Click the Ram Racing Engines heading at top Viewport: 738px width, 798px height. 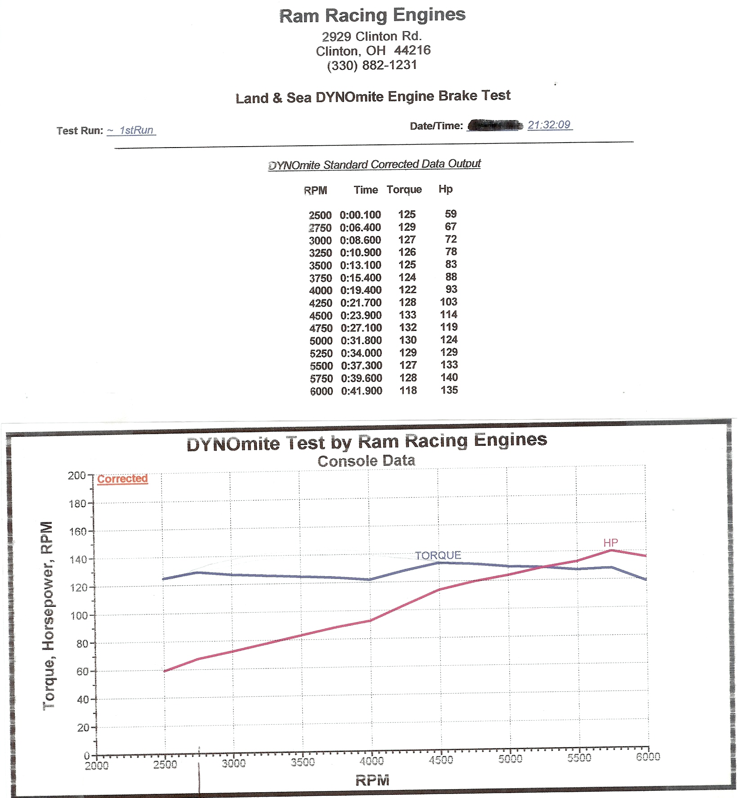(372, 15)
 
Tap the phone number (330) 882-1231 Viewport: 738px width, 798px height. (372, 65)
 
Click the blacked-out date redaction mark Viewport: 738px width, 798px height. (495, 125)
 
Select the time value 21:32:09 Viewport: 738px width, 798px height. (549, 125)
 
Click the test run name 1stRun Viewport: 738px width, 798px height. (136, 130)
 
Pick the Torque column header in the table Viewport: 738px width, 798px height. (404, 189)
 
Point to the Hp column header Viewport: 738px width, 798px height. (445, 189)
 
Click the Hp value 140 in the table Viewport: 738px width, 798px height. (449, 377)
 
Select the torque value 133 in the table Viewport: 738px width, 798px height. (407, 315)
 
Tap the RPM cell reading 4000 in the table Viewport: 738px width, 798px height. (320, 291)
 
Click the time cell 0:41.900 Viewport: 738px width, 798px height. (362, 391)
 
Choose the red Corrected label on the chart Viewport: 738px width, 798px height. (122, 479)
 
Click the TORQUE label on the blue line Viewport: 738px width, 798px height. (438, 556)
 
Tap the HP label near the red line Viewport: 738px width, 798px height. (610, 542)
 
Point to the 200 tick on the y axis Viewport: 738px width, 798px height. (77, 475)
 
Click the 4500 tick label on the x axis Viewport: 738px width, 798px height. (441, 760)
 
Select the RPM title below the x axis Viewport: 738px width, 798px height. (372, 780)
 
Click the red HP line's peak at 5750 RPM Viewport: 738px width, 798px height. (612, 550)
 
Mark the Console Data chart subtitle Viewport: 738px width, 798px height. (366, 461)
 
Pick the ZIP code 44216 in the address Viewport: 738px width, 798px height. (412, 50)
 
